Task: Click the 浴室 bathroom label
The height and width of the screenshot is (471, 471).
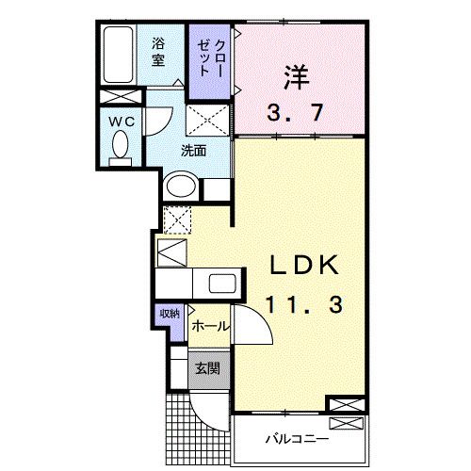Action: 161,51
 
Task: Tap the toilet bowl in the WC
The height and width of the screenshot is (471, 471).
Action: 121,146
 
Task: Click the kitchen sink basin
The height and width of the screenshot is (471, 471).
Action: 222,283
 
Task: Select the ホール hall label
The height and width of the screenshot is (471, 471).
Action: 208,326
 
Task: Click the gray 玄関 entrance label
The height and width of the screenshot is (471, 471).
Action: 207,368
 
